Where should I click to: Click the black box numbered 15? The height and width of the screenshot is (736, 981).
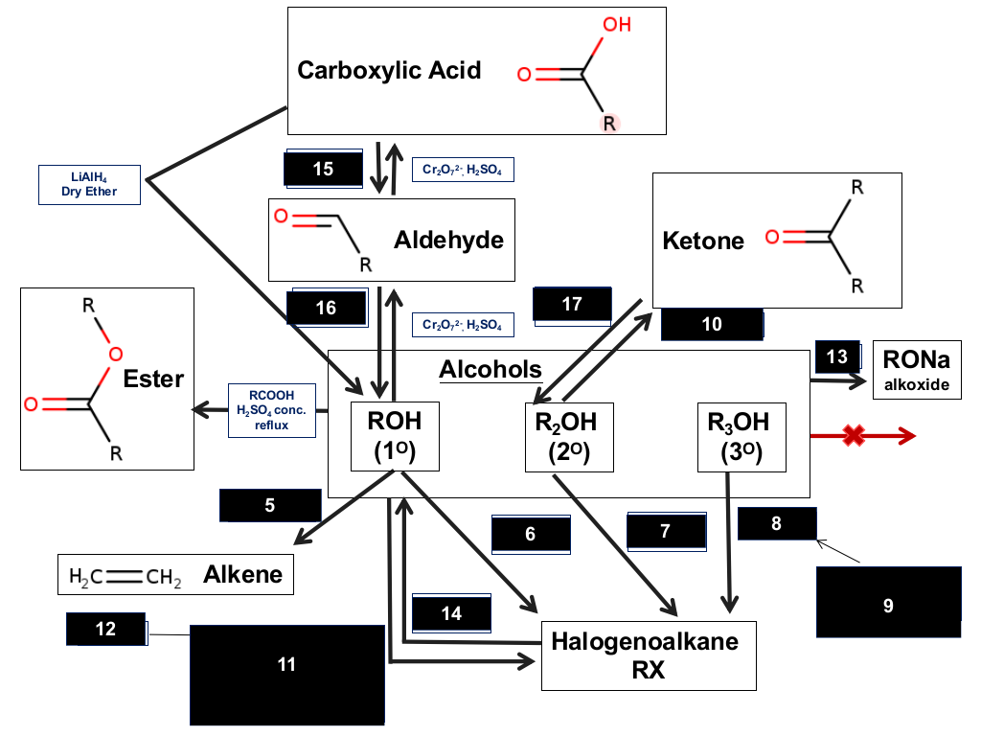(x=324, y=169)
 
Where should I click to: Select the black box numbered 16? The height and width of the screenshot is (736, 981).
(x=326, y=308)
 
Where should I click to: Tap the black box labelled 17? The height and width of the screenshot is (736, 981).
(x=572, y=304)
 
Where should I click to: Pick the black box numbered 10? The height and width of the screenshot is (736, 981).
(x=712, y=324)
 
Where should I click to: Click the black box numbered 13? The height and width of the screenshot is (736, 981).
(x=837, y=356)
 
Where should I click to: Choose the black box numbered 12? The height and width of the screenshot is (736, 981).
(x=105, y=629)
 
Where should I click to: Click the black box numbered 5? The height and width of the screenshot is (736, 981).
(x=270, y=505)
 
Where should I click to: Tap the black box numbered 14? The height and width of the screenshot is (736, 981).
(x=451, y=612)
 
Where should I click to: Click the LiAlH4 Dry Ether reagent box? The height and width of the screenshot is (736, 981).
(x=89, y=185)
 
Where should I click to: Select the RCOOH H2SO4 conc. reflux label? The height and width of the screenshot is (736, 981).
(x=271, y=410)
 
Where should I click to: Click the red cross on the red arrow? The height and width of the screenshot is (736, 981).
(x=854, y=436)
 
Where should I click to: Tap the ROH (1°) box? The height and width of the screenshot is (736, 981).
(x=395, y=436)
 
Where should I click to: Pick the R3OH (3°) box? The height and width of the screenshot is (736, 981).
(x=741, y=437)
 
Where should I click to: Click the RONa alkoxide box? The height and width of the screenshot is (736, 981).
(x=917, y=370)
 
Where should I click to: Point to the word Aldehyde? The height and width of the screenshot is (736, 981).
(x=448, y=241)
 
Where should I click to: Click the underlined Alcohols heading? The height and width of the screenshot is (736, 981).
(x=490, y=369)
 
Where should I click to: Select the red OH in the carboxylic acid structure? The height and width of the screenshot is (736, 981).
(x=617, y=24)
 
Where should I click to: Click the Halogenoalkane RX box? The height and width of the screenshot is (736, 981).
(x=649, y=655)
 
